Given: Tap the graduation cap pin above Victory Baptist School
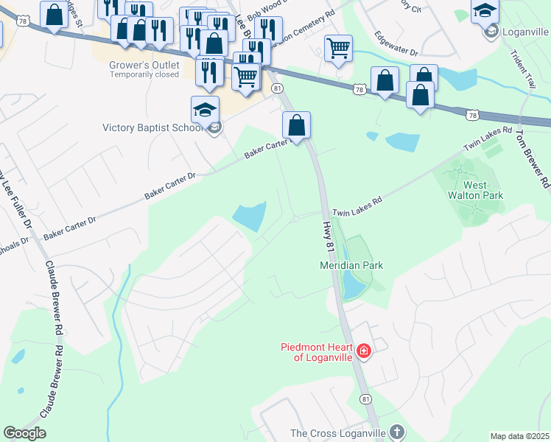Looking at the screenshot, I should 205,109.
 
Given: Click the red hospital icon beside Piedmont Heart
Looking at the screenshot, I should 363,351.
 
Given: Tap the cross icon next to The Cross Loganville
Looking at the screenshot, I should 397,432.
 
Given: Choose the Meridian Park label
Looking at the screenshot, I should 351,264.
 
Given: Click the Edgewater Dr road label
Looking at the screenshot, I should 396,43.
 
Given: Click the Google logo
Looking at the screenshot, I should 24,433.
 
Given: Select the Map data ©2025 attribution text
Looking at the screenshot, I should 519,436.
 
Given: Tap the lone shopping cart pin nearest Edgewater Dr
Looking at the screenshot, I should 338,49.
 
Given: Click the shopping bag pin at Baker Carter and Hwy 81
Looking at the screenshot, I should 296,125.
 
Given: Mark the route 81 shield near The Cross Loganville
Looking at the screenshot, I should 365,399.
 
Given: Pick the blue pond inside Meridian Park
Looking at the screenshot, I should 349,283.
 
